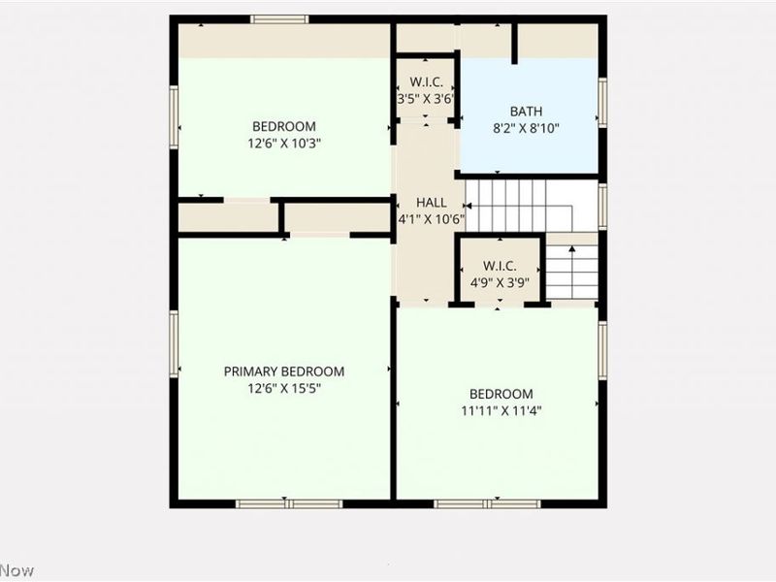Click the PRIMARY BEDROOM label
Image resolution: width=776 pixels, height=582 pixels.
tap(284, 372)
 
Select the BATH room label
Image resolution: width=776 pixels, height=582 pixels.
tap(528, 112)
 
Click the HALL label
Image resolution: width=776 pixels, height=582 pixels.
tap(431, 203)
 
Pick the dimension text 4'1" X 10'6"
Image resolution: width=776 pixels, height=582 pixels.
tap(431, 219)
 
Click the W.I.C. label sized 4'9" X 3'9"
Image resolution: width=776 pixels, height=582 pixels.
tap(500, 266)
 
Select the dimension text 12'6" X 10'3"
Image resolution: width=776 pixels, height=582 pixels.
tap(284, 142)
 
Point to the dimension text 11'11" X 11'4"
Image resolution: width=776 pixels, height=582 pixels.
tap(501, 410)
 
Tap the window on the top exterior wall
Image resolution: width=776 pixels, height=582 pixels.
tap(279, 19)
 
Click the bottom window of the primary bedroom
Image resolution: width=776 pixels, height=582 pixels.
tap(289, 503)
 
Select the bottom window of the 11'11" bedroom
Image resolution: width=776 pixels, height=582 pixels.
tap(487, 503)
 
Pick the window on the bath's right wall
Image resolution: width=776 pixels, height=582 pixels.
tap(602, 103)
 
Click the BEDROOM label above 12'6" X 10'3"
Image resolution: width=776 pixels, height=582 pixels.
tap(284, 126)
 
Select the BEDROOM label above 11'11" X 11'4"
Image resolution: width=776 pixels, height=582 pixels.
tap(501, 394)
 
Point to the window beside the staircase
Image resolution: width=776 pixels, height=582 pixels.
tap(602, 206)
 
